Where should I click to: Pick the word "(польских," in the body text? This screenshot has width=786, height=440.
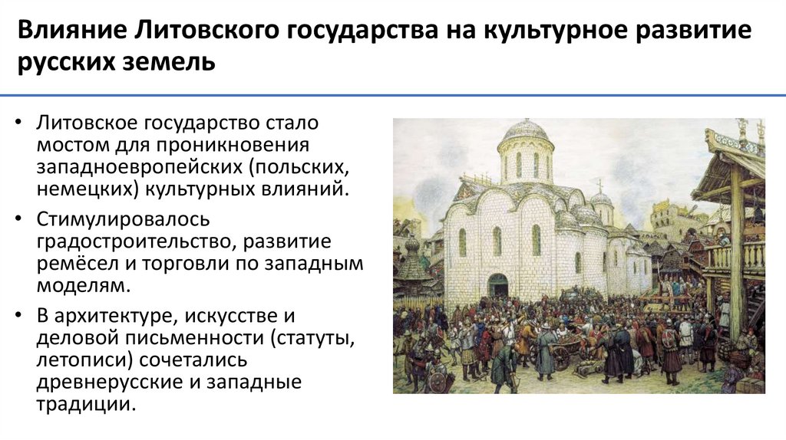[285, 166]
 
